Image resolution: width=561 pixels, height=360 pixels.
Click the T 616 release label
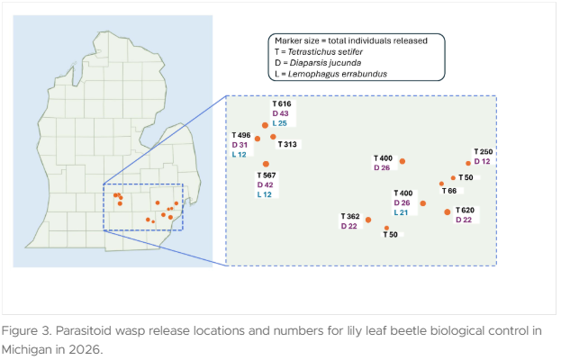[282, 104]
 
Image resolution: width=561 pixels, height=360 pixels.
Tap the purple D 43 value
[280, 113]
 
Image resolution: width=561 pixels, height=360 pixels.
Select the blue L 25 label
[279, 123]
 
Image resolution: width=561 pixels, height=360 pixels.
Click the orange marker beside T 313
[273, 137]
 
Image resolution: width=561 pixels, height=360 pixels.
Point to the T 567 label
[267, 175]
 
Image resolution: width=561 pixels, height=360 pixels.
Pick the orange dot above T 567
[266, 164]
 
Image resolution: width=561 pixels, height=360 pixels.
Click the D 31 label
[240, 145]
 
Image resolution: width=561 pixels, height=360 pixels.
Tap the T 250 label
[484, 152]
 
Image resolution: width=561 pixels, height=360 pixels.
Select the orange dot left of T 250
[468, 164]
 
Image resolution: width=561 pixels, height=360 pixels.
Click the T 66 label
[449, 191]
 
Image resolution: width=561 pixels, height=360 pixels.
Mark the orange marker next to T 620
[448, 212]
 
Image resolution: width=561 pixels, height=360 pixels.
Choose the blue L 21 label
[401, 212]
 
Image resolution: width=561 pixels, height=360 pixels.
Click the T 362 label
[350, 217]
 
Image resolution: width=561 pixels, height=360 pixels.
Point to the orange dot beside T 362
[368, 220]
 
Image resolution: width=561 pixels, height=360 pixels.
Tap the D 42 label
[265, 185]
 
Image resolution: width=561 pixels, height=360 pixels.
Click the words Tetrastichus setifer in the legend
[325, 52]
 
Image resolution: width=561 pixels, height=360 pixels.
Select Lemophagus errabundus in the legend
[338, 74]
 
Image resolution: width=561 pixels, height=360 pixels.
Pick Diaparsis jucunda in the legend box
[325, 63]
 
